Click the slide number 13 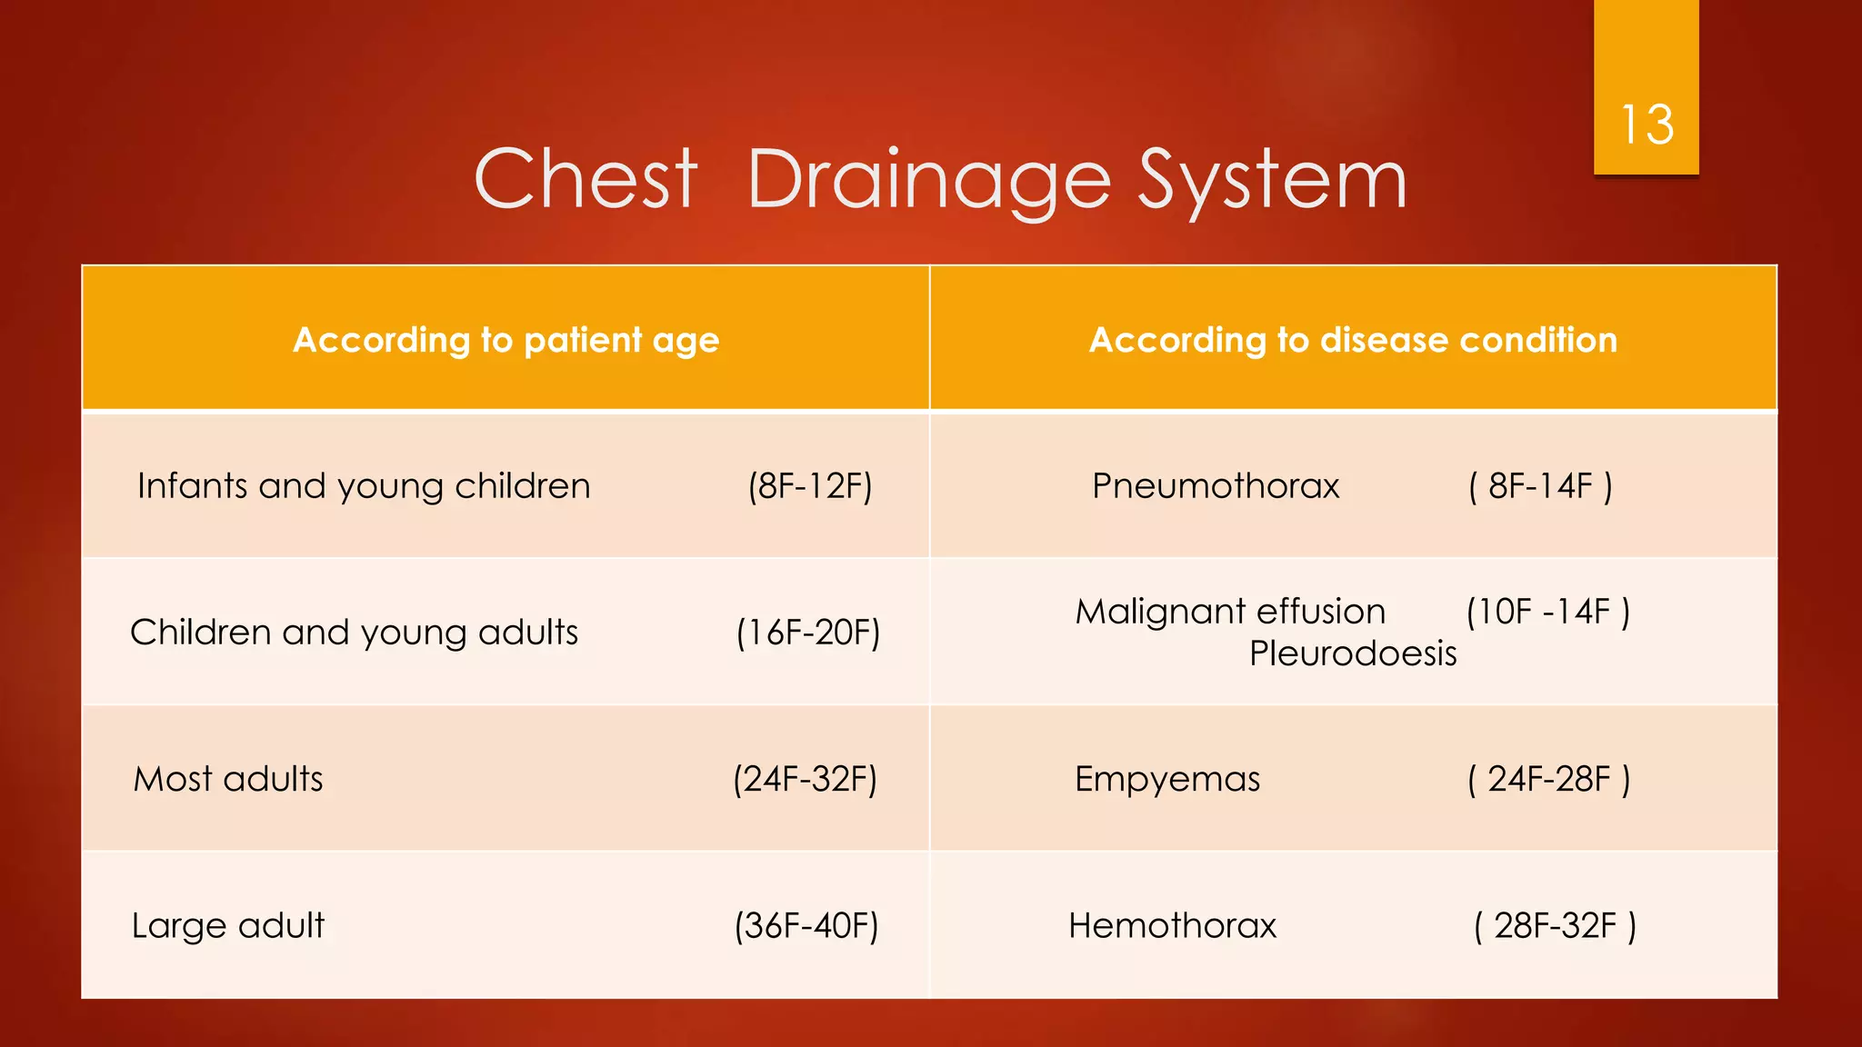pyautogui.click(x=1647, y=125)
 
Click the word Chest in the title pyautogui.click(x=586, y=180)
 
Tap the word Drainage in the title pyautogui.click(x=928, y=182)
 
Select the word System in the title pyautogui.click(x=1273, y=182)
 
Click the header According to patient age pyautogui.click(x=506, y=340)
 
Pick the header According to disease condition pyautogui.click(x=1353, y=340)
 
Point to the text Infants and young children pyautogui.click(x=364, y=486)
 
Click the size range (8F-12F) pyautogui.click(x=810, y=486)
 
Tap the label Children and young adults pyautogui.click(x=354, y=633)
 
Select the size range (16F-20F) pyautogui.click(x=808, y=633)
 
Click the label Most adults pyautogui.click(x=228, y=779)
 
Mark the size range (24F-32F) pyautogui.click(x=806, y=779)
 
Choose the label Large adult pyautogui.click(x=228, y=925)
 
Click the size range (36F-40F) pyautogui.click(x=806, y=925)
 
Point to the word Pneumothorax pyautogui.click(x=1216, y=486)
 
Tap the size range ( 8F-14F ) pyautogui.click(x=1540, y=486)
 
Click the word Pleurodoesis pyautogui.click(x=1353, y=653)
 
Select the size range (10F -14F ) pyautogui.click(x=1547, y=612)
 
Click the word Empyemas pyautogui.click(x=1167, y=779)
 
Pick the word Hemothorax pyautogui.click(x=1172, y=925)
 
